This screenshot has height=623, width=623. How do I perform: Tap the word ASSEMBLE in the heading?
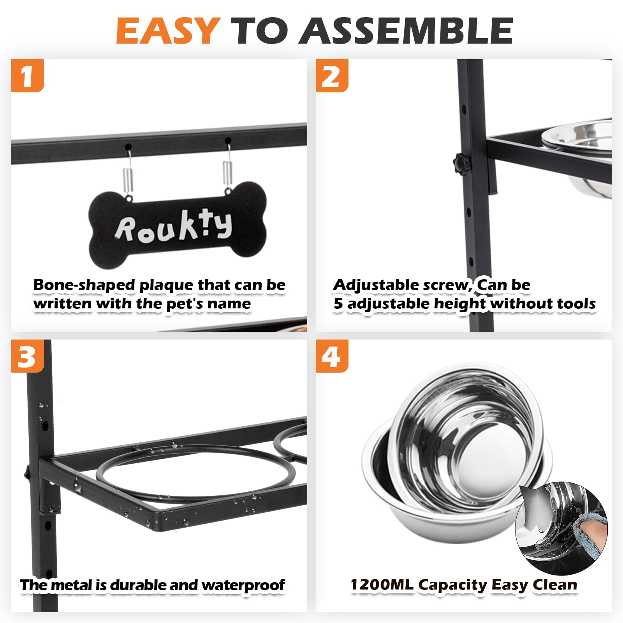407,30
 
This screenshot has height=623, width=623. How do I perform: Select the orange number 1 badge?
27,76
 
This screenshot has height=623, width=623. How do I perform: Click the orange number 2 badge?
332,76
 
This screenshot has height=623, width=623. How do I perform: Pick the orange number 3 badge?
27,356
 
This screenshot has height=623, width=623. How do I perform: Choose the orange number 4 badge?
332,356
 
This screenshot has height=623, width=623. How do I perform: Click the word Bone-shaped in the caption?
84,285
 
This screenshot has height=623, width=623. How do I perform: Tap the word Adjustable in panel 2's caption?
376,285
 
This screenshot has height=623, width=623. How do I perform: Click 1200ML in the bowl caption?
382,584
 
